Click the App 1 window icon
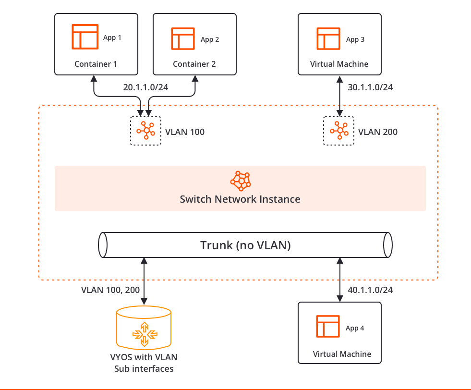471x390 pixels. coord(85,37)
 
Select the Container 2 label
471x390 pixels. coord(194,64)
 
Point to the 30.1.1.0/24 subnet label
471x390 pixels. coord(370,87)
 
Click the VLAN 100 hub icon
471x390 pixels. coord(145,130)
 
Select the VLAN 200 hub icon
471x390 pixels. coord(339,130)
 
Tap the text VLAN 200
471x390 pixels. coord(378,132)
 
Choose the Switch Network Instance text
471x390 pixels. coord(240,199)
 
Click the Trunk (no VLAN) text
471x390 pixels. coord(245,245)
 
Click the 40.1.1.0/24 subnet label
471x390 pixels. coord(370,290)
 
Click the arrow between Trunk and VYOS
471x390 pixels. coord(144,281)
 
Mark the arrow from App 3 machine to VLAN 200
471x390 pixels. coord(339,96)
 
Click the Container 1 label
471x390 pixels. coord(96,64)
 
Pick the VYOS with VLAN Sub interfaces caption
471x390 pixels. coord(144,363)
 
